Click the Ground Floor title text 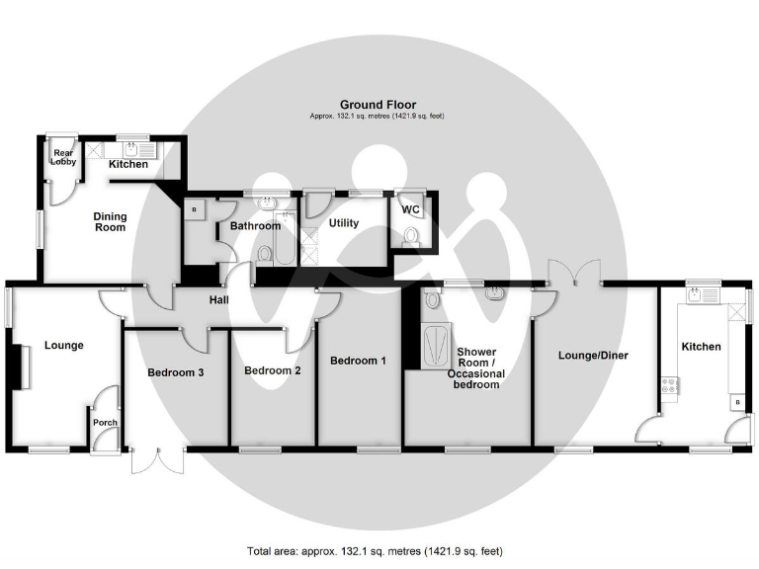click(x=378, y=104)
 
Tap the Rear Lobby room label click(x=63, y=157)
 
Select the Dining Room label click(x=110, y=221)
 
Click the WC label click(x=410, y=209)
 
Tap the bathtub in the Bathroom click(x=285, y=238)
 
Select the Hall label click(x=219, y=299)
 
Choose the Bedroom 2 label click(x=272, y=370)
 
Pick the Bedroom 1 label click(x=358, y=361)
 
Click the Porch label click(x=104, y=423)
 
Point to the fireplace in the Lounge click(x=16, y=368)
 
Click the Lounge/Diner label click(x=593, y=355)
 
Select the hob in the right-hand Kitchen click(x=670, y=386)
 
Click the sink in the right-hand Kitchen click(x=706, y=294)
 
